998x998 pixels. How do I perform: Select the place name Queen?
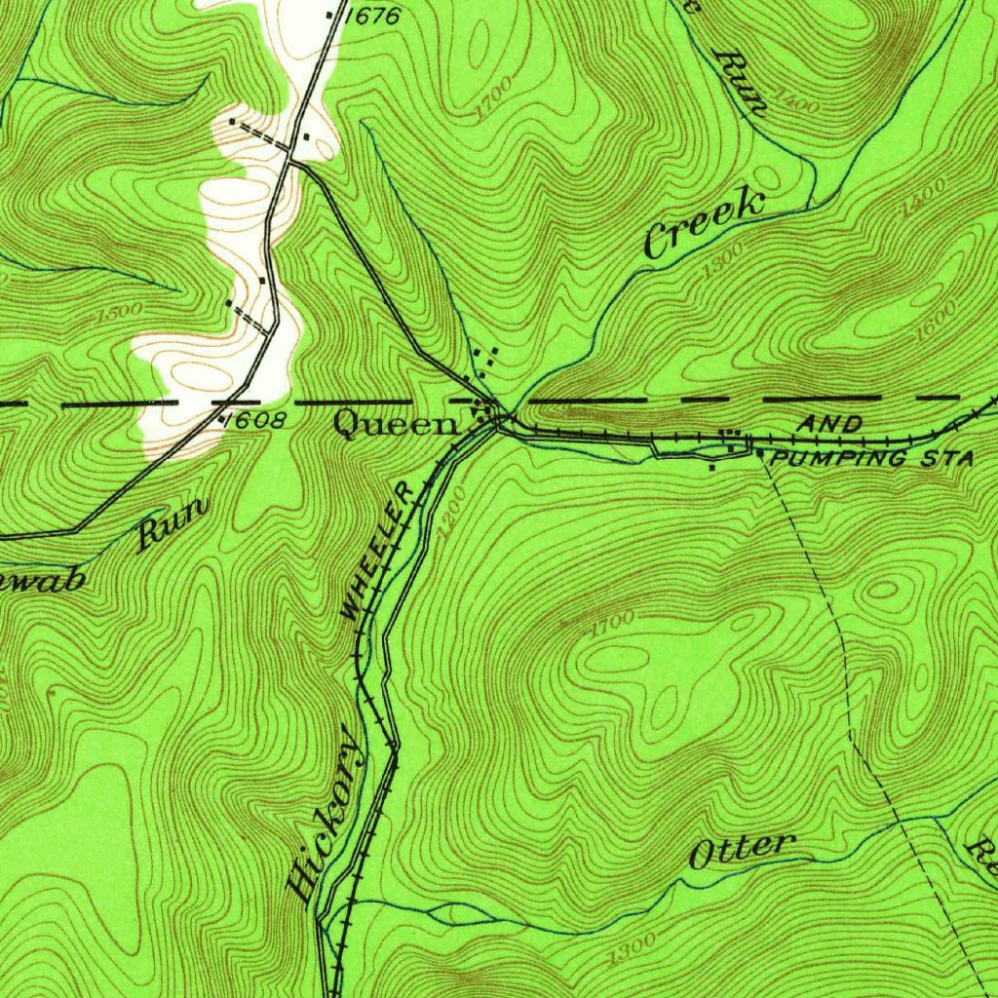pyautogui.click(x=395, y=424)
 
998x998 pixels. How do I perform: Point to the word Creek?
pyautogui.click(x=704, y=225)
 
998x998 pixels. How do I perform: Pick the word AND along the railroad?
pyautogui.click(x=829, y=424)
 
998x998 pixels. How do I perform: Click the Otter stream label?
pyautogui.click(x=742, y=850)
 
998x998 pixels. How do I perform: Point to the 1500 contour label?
pyautogui.click(x=120, y=314)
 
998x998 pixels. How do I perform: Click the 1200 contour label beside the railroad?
pyautogui.click(x=451, y=524)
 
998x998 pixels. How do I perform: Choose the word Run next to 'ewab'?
pyautogui.click(x=173, y=523)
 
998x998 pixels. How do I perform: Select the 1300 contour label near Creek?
pyautogui.click(x=721, y=261)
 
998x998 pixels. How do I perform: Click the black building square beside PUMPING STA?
pyautogui.click(x=760, y=453)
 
